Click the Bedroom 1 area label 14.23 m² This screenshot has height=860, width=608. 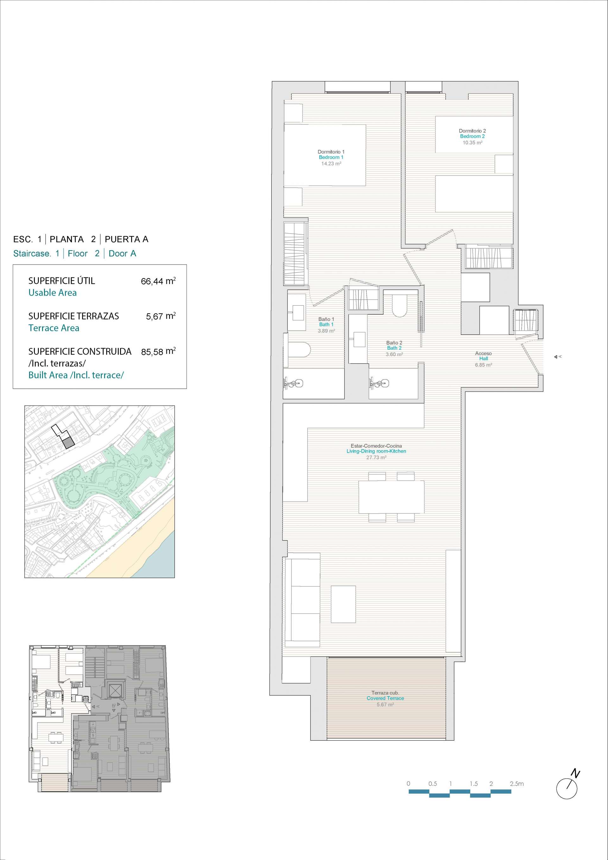pyautogui.click(x=331, y=164)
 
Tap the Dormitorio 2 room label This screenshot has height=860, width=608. pyautogui.click(x=472, y=131)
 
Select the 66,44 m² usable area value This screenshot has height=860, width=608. pyautogui.click(x=158, y=281)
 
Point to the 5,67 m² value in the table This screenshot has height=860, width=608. pyautogui.click(x=161, y=316)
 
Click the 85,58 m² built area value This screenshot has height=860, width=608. pyautogui.click(x=158, y=351)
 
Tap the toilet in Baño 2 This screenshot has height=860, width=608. pyautogui.click(x=399, y=306)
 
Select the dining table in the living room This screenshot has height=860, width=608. pyautogui.click(x=391, y=497)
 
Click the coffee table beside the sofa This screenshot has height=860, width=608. pyautogui.click(x=343, y=604)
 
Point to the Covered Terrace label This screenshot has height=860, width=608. pyautogui.click(x=385, y=698)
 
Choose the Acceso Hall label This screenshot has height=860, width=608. pyautogui.click(x=483, y=356)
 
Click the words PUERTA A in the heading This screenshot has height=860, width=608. pyautogui.click(x=127, y=239)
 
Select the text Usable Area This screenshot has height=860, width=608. pyautogui.click(x=53, y=293)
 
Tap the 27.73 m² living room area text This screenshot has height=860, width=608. pyautogui.click(x=376, y=457)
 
